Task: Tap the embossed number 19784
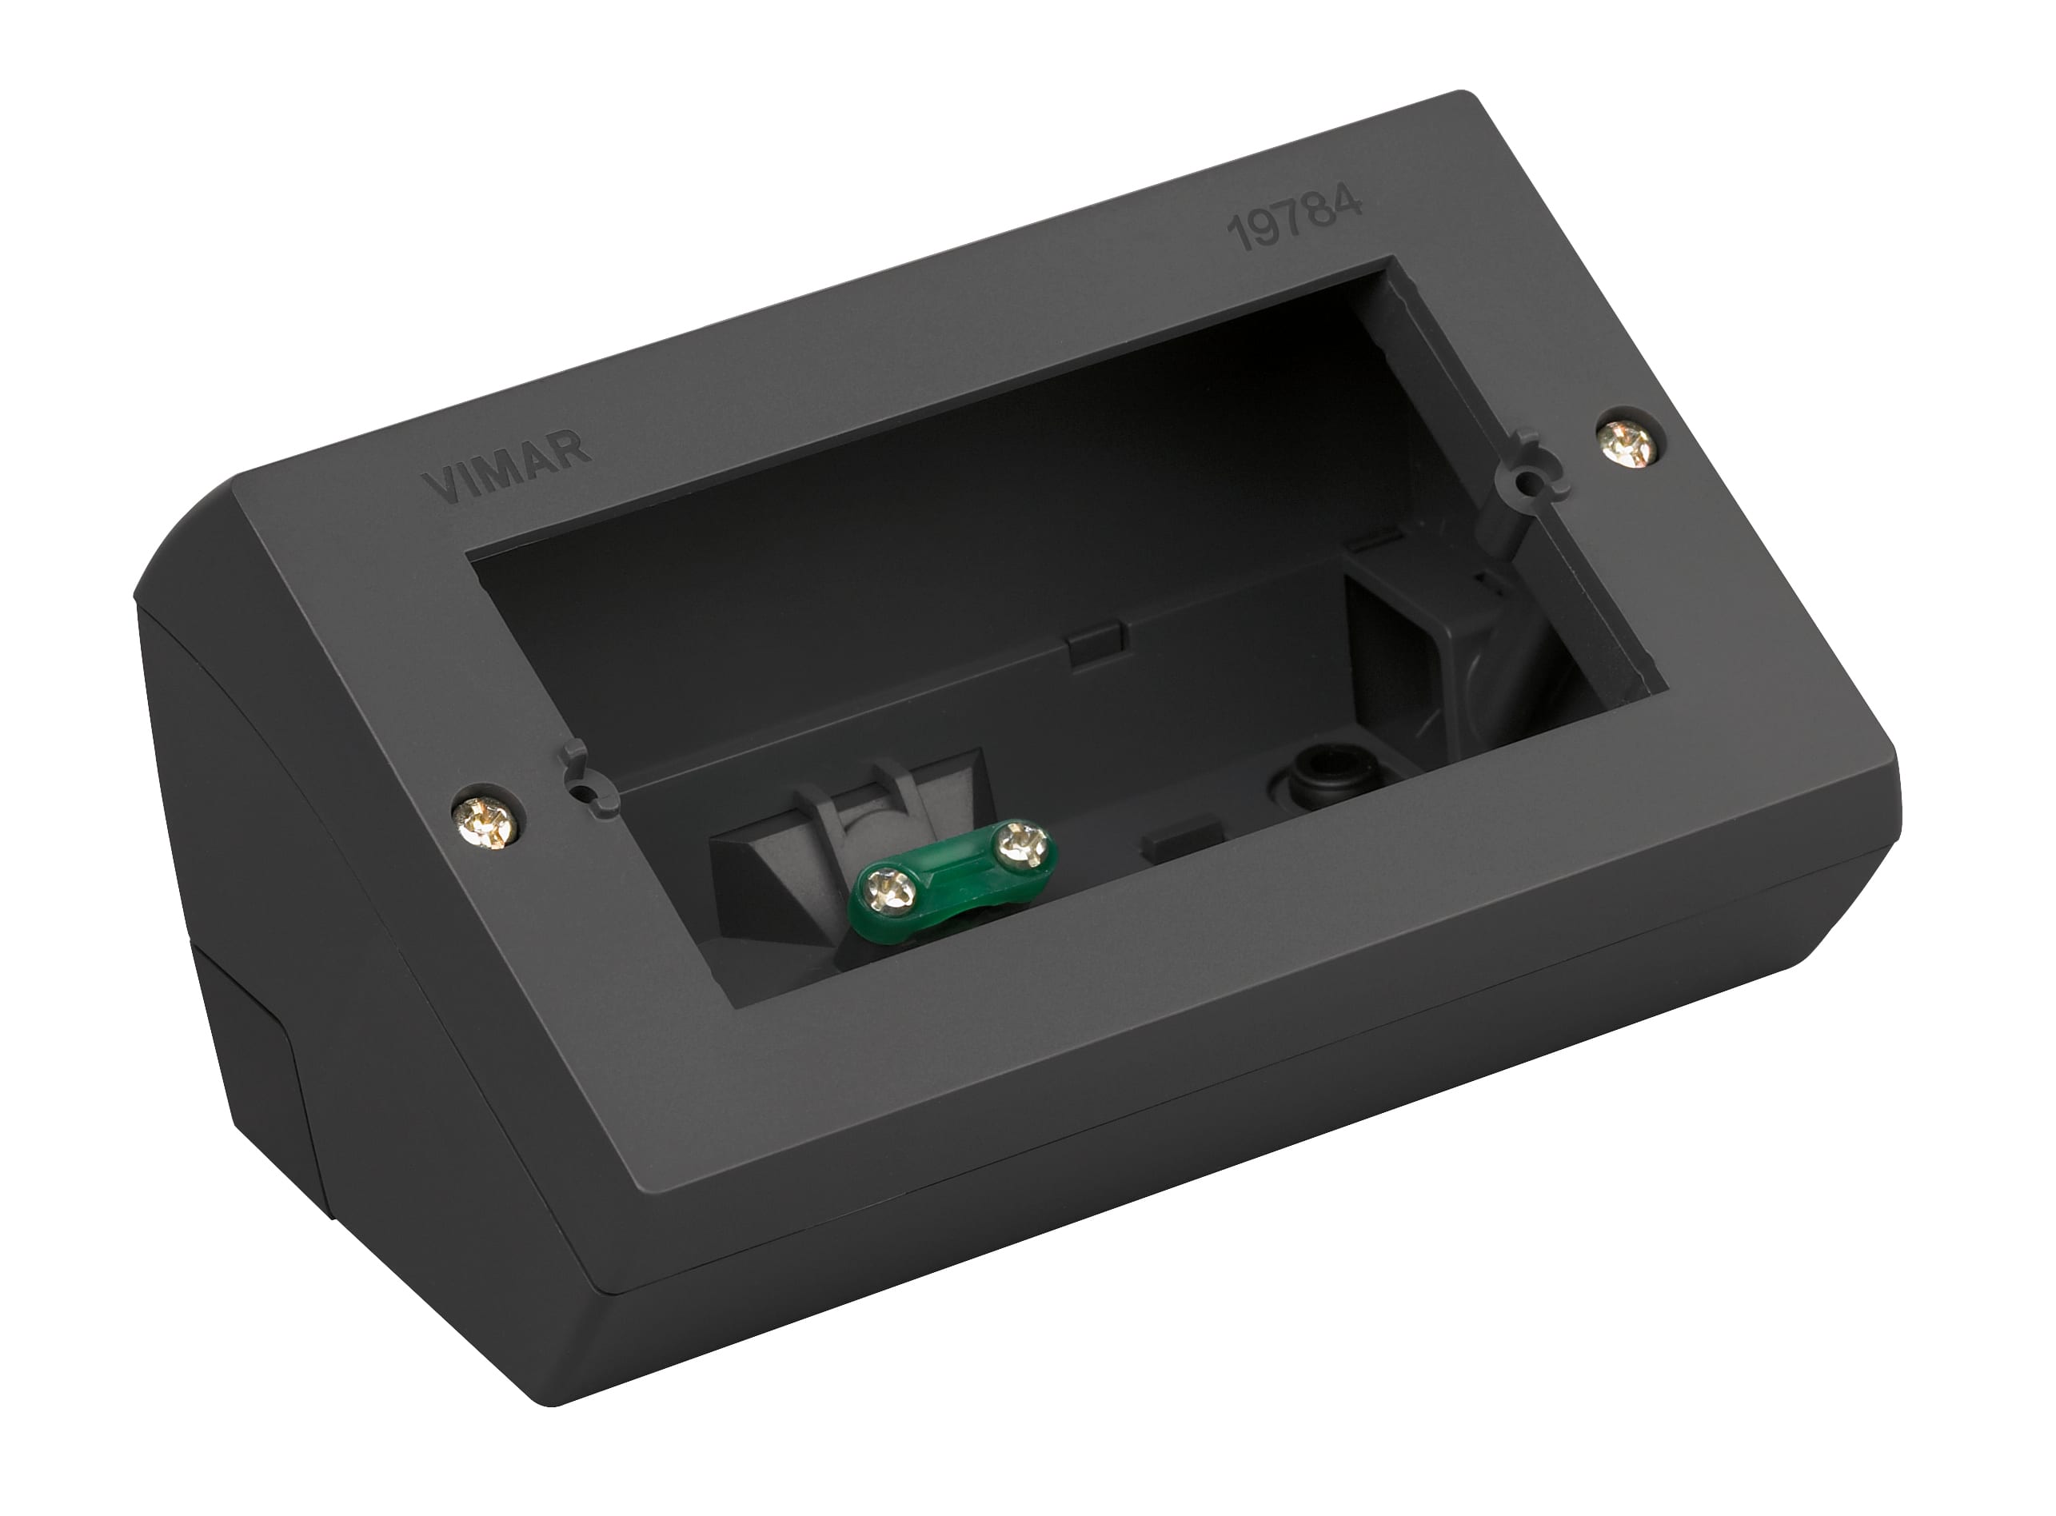pyautogui.click(x=1295, y=219)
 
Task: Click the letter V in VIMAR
pyautogui.click(x=439, y=489)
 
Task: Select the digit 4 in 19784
pyautogui.click(x=1347, y=204)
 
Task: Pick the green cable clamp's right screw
pyautogui.click(x=1020, y=843)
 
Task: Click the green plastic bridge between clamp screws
pyautogui.click(x=955, y=868)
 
